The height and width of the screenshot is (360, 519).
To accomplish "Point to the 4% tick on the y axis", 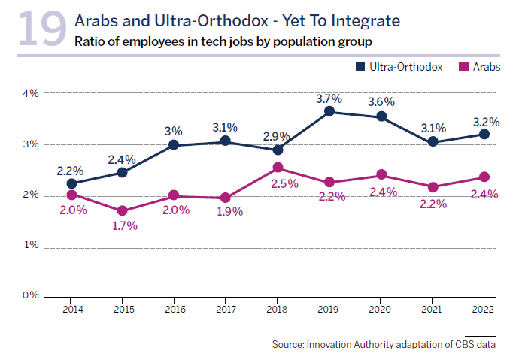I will pyautogui.click(x=30, y=93).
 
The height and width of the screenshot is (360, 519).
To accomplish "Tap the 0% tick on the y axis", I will pyautogui.click(x=30, y=295).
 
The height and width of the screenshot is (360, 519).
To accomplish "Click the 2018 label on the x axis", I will pyautogui.click(x=278, y=309).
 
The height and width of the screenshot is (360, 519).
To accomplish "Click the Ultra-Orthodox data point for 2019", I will pyautogui.click(x=329, y=111).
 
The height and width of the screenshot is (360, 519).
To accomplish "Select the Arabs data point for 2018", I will pyautogui.click(x=278, y=168).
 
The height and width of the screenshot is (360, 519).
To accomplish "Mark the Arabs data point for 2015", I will pyautogui.click(x=123, y=211).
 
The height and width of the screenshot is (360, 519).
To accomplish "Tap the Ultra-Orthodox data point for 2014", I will pyautogui.click(x=71, y=183).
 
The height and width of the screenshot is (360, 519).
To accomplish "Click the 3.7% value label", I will pyautogui.click(x=329, y=98).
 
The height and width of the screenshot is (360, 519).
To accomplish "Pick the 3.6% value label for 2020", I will pyautogui.click(x=381, y=103).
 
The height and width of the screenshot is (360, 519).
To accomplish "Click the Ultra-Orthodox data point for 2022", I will pyautogui.click(x=484, y=134).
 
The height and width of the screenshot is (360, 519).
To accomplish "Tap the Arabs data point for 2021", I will pyautogui.click(x=432, y=186).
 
